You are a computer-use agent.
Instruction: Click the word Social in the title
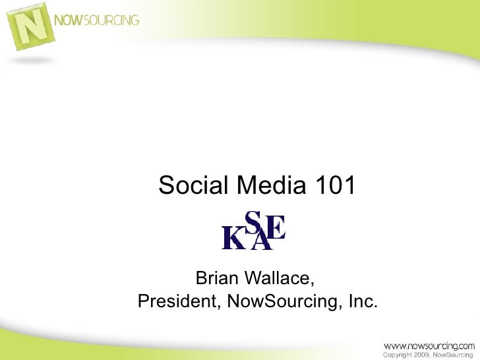point(192,187)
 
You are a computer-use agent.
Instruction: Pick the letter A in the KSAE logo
point(262,239)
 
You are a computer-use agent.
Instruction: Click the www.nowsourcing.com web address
point(429,345)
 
